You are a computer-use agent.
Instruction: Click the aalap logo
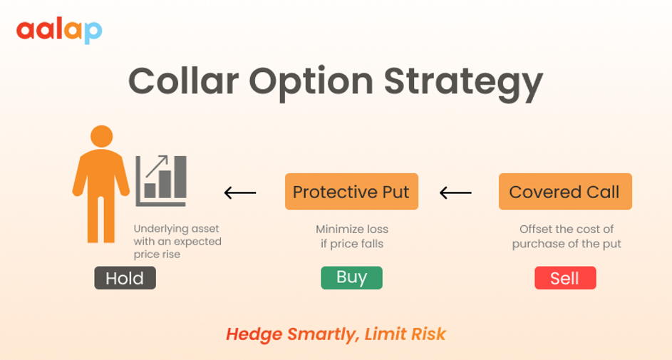tap(59, 31)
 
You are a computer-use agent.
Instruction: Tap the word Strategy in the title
tap(463, 82)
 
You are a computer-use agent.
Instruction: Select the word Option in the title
tap(321, 82)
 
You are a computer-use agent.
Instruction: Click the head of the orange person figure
tap(101, 137)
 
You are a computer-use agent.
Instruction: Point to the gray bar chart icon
tap(162, 180)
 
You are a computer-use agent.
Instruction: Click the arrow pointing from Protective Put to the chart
tap(239, 192)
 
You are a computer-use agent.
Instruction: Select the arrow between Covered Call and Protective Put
tap(455, 192)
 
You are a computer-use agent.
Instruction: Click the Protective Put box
tap(351, 192)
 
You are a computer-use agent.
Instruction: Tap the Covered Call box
tap(564, 192)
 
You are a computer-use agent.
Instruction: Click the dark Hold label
tap(125, 278)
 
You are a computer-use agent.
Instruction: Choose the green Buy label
tap(351, 277)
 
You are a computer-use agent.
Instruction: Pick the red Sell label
tap(564, 278)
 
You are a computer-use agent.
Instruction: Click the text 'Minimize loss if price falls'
tap(351, 237)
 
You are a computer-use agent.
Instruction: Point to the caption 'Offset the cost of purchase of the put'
tap(567, 237)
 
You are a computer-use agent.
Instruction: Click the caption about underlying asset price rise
tap(177, 242)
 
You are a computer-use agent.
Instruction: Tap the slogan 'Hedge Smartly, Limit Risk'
tap(336, 334)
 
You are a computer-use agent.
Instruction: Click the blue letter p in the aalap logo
tap(93, 32)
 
